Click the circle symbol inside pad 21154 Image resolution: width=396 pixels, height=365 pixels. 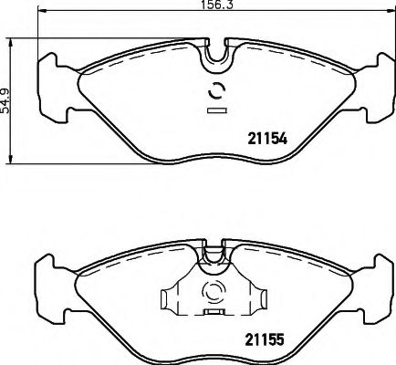pyautogui.click(x=217, y=90)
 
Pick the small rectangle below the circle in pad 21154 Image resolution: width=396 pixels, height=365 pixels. pyautogui.click(x=217, y=110)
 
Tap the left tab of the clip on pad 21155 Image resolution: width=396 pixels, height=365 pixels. pyautogui.click(x=168, y=298)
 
